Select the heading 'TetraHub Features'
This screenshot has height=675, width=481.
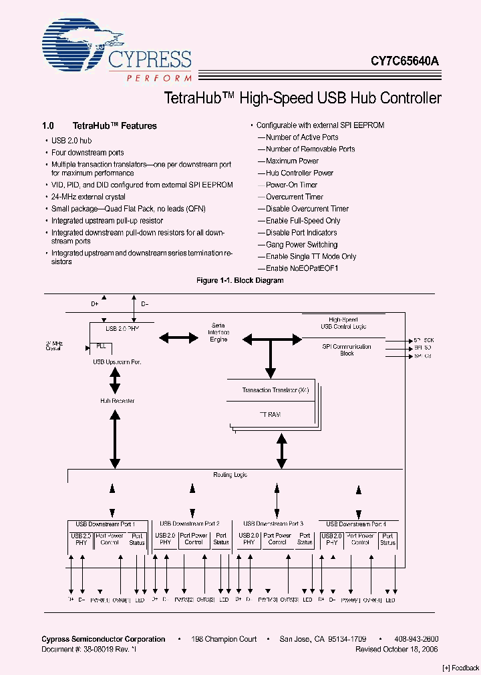pos(114,125)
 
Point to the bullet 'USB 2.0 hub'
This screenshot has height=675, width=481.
pos(71,141)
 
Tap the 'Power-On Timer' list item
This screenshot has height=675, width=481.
pos(291,185)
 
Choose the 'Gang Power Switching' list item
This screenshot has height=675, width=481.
pos(301,245)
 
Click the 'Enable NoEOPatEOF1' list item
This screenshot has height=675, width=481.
pos(302,268)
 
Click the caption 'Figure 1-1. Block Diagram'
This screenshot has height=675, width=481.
pos(240,281)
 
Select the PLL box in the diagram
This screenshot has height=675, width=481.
pos(101,346)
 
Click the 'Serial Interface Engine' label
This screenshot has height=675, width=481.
pos(218,332)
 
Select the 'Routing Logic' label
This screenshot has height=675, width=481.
pos(230,474)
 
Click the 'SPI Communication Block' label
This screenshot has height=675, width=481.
pos(347,350)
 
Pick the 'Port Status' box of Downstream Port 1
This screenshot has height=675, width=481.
pos(137,539)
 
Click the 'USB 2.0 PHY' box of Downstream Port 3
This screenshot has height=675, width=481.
pos(249,539)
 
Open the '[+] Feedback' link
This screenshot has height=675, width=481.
pos(460,668)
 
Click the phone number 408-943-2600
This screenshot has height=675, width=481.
pos(416,639)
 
